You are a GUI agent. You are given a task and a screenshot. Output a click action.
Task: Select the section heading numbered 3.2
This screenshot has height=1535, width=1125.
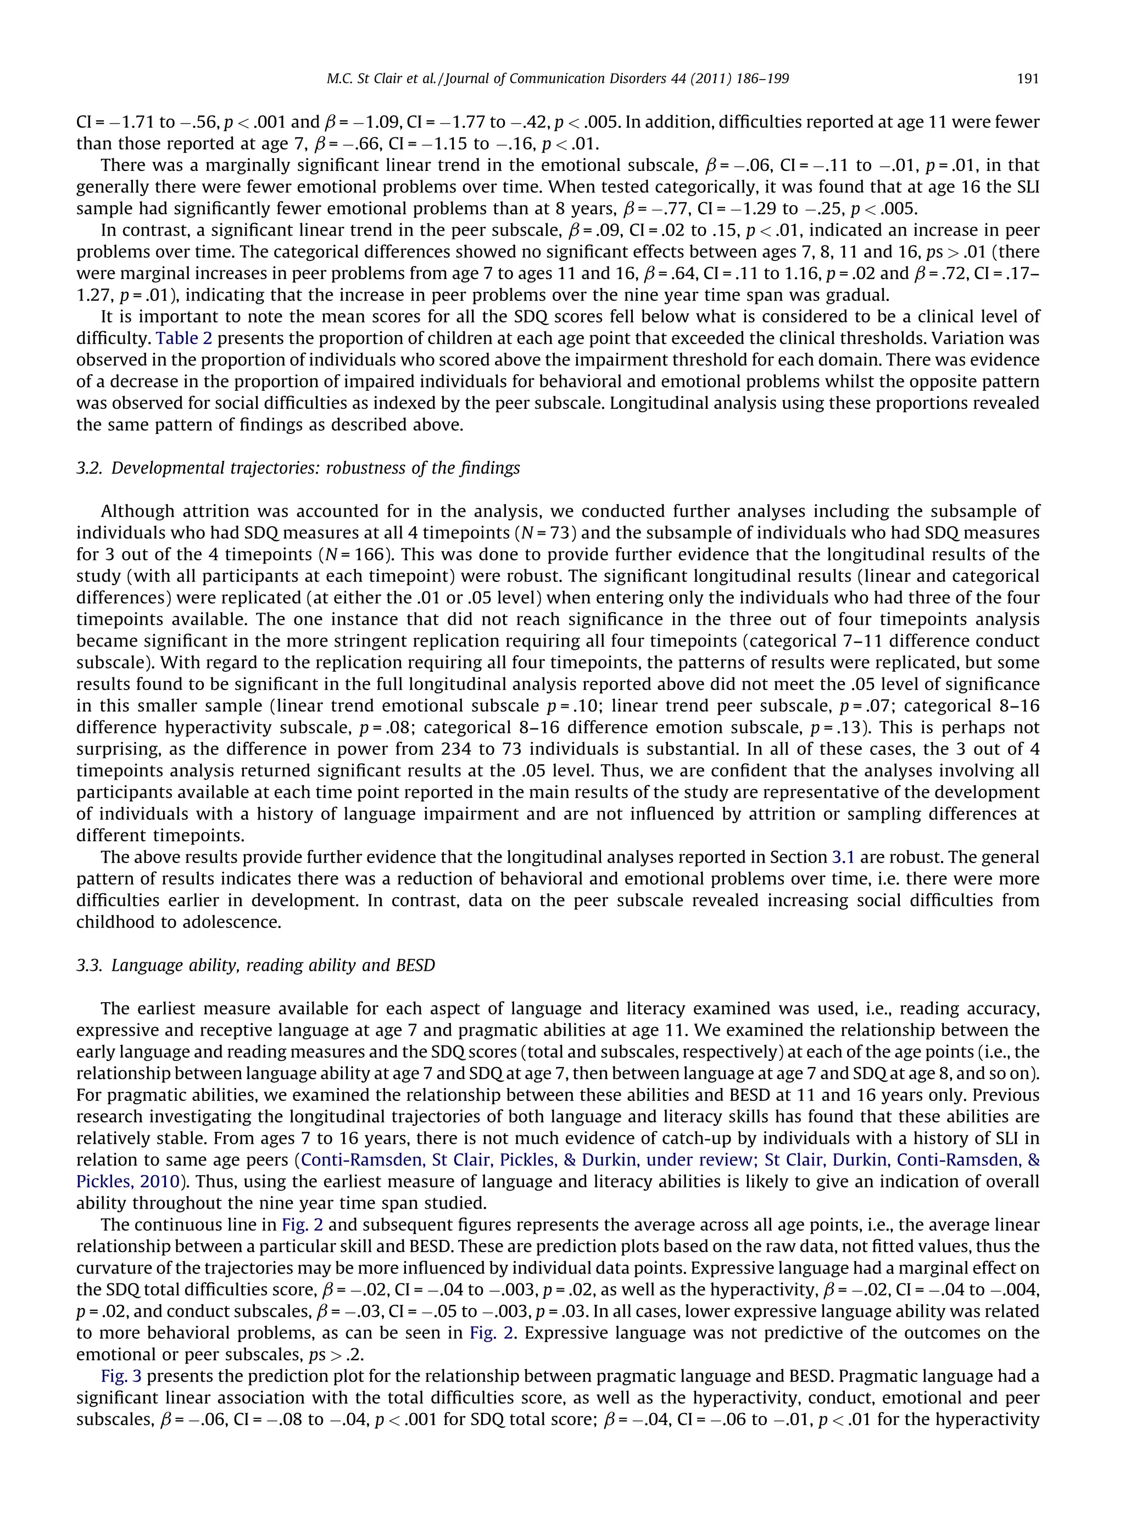click(x=298, y=469)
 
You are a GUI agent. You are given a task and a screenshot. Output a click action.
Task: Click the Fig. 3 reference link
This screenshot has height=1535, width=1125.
click(x=121, y=1376)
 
